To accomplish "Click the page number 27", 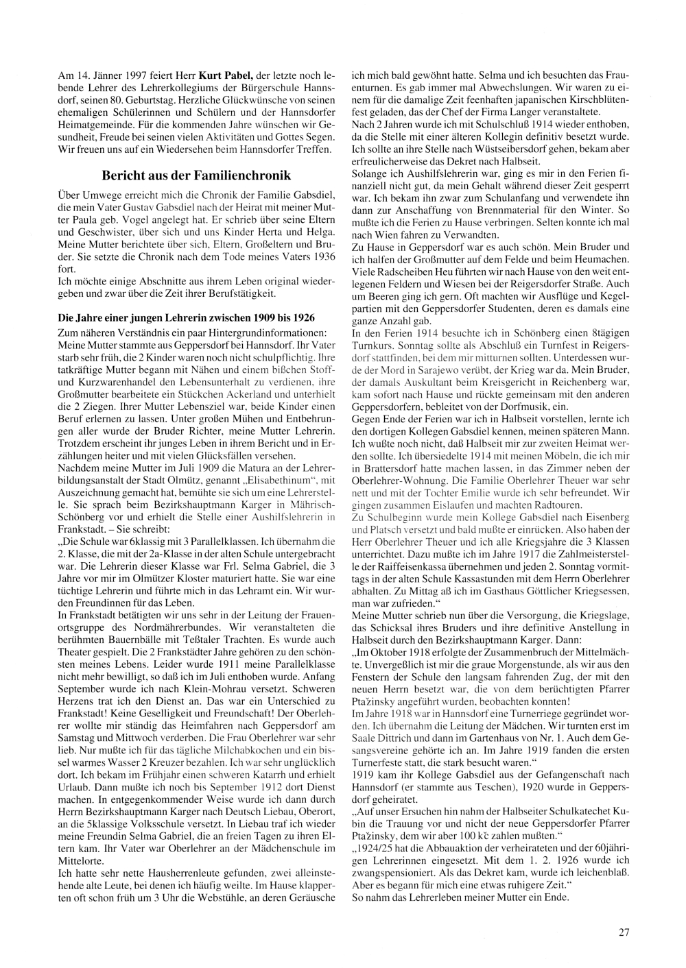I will pos(624,932).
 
